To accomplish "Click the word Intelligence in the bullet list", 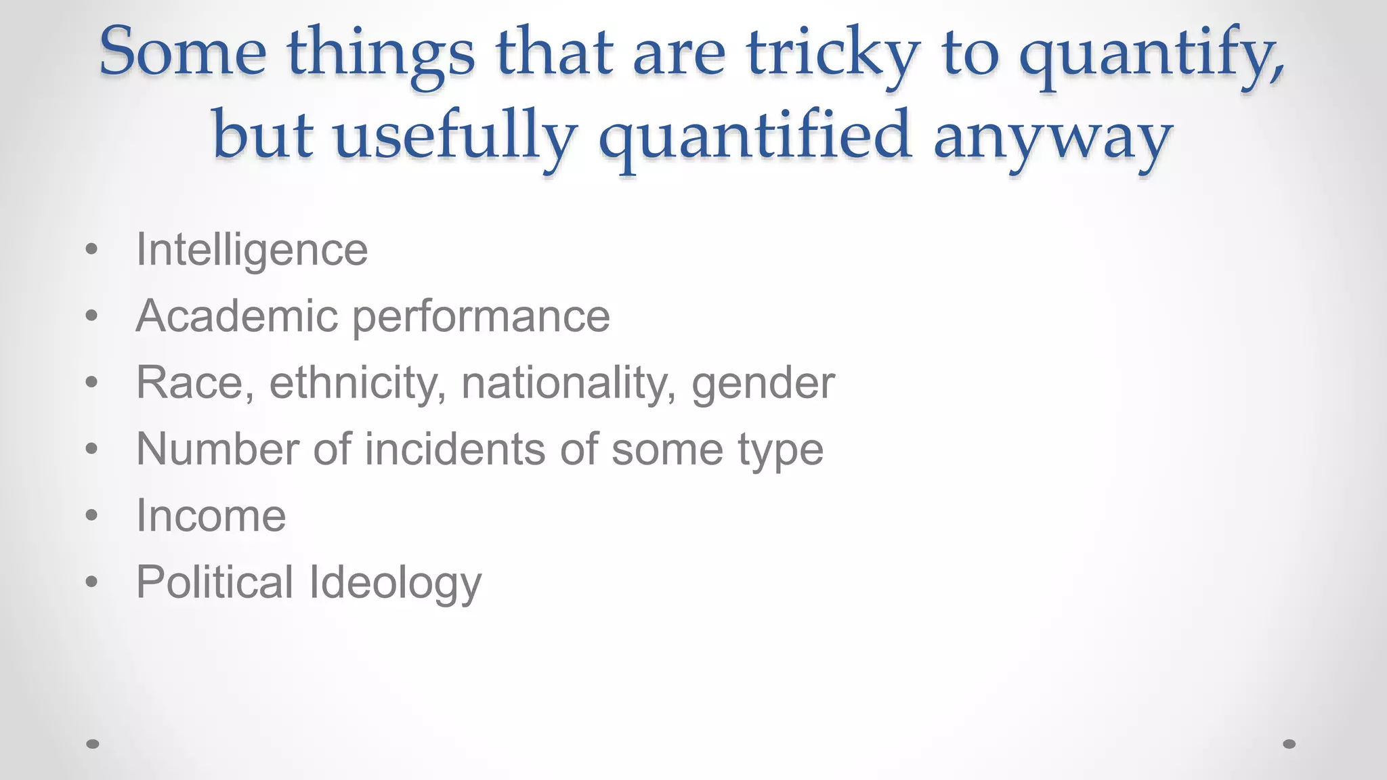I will pyautogui.click(x=252, y=251).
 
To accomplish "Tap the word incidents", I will pyautogui.click(x=454, y=449).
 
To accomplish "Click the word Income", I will pyautogui.click(x=211, y=516).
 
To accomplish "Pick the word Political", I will pyautogui.click(x=215, y=582).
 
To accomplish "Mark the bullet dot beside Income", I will pyautogui.click(x=92, y=516).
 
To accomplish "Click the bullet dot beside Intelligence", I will pyautogui.click(x=92, y=250).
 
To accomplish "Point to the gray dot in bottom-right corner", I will pyautogui.click(x=1289, y=744).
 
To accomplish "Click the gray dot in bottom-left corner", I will pyautogui.click(x=93, y=744).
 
